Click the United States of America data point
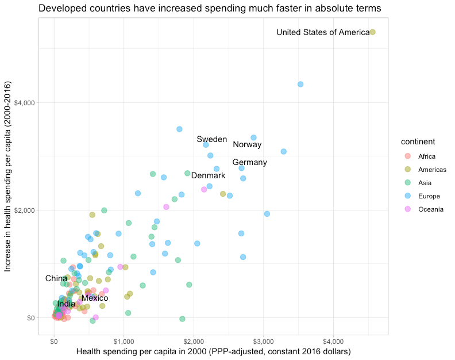coord(372,32)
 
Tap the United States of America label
coord(323,32)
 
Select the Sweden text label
coord(211,139)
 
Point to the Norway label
coord(247,144)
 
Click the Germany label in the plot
coord(249,162)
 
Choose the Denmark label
coord(208,175)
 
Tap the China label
coord(56,278)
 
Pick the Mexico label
coord(95,298)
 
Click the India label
coord(66,304)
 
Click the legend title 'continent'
coord(417,141)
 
